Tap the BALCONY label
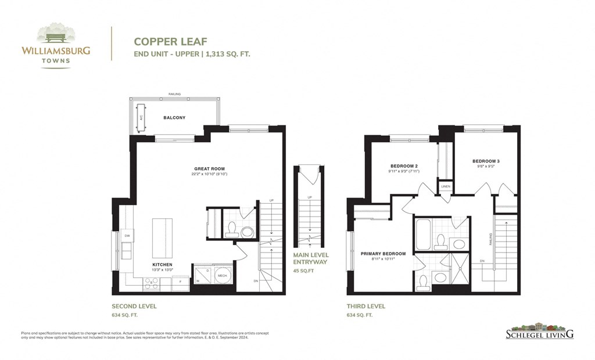(174, 118)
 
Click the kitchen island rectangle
(162, 238)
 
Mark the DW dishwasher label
(127, 235)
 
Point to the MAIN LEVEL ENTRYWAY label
(311, 258)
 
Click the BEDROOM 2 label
(404, 166)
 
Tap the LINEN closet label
(446, 186)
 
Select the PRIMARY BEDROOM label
(383, 254)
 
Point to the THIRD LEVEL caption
(365, 306)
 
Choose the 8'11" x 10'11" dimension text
(383, 260)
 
